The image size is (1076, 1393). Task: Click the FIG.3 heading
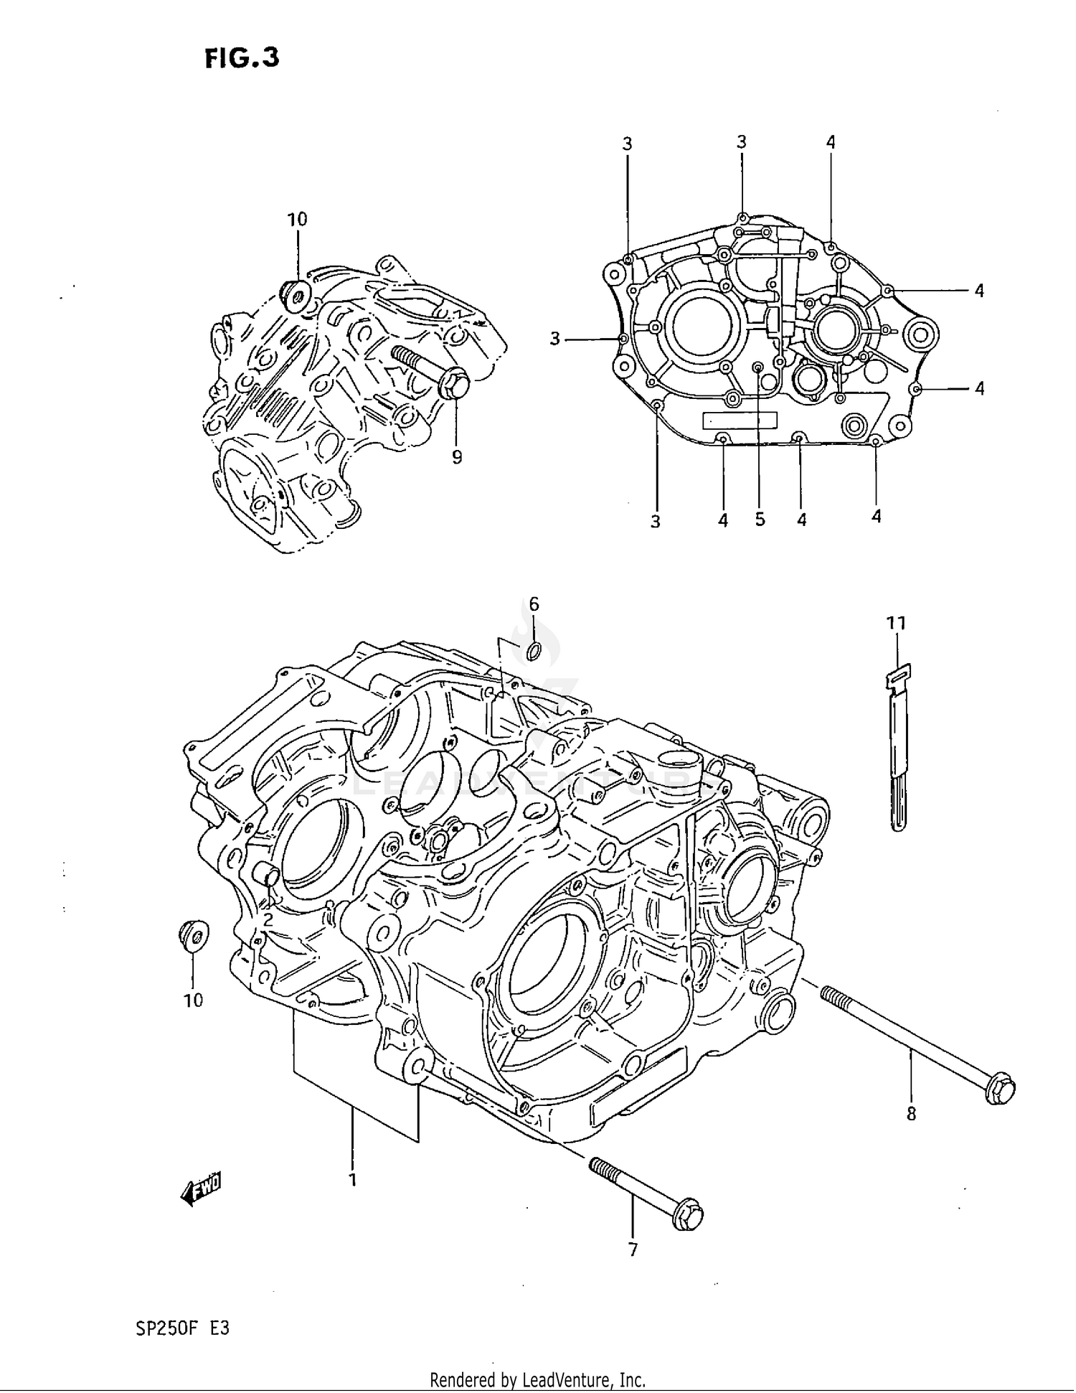[242, 57]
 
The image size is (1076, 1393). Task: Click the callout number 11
[896, 623]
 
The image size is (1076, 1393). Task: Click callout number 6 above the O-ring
[534, 604]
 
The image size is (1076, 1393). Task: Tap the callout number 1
[352, 1178]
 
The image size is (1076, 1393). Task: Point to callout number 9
[457, 457]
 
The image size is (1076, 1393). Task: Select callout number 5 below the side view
[760, 520]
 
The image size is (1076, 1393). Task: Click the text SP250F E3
[182, 1328]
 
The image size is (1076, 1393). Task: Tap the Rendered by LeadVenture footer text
[537, 1379]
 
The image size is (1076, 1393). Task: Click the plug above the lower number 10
[193, 935]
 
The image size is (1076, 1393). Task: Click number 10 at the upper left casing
[297, 219]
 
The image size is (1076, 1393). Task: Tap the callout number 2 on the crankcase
[267, 919]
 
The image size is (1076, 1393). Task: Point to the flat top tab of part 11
[898, 675]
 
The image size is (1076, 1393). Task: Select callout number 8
[911, 1115]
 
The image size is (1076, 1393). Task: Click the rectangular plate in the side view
[739, 420]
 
